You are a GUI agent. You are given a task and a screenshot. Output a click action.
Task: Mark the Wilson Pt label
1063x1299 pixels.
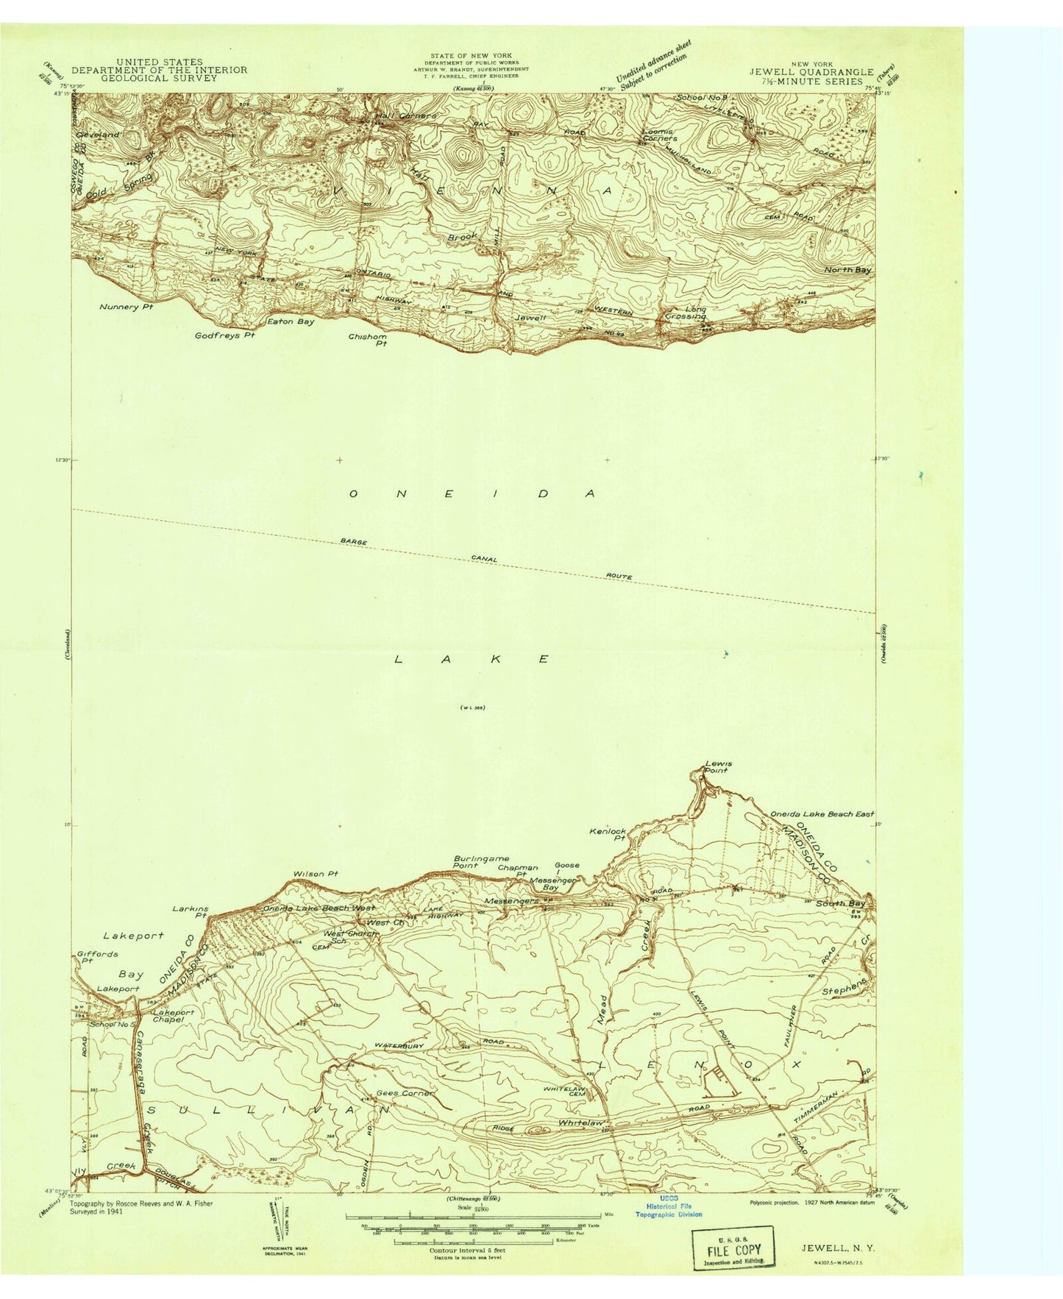click(x=316, y=874)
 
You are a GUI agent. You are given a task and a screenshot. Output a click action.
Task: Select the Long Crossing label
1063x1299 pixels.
click(x=686, y=313)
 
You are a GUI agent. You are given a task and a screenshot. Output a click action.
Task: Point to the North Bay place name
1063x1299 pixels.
click(x=847, y=270)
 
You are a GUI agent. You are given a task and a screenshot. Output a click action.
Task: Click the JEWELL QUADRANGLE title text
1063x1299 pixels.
click(x=811, y=72)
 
